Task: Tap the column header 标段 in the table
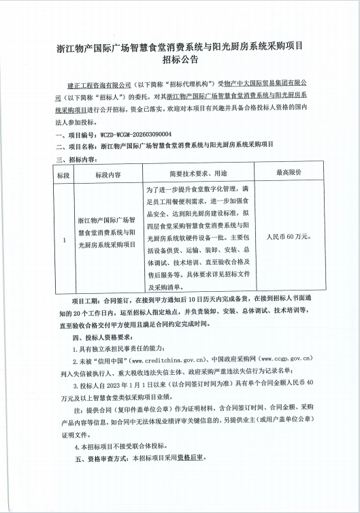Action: (x=63, y=174)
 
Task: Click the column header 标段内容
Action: (x=108, y=174)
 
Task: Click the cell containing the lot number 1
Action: (x=63, y=239)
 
